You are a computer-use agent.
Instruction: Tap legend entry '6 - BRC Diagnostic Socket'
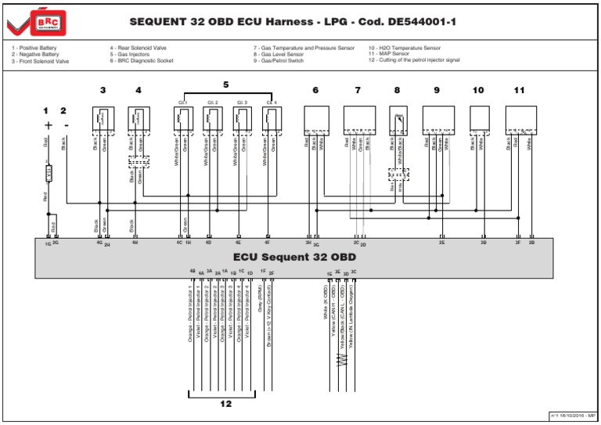[x=142, y=60]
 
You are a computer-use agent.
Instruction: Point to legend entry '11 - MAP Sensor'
[x=392, y=54]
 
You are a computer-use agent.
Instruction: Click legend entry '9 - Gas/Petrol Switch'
[x=279, y=60]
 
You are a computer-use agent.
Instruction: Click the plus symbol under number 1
[x=49, y=124]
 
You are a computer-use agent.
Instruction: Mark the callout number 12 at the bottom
[x=226, y=405]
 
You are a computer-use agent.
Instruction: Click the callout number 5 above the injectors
[x=226, y=84]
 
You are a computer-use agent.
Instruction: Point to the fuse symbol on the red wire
[x=49, y=172]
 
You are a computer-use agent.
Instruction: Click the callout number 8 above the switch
[x=397, y=91]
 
